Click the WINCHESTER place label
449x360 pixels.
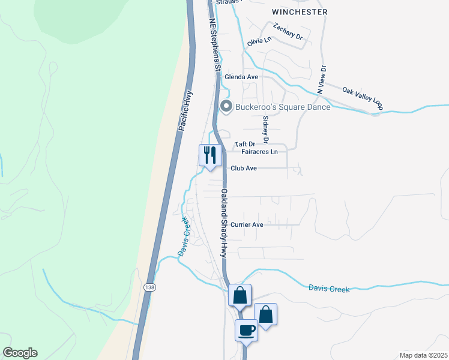click(300, 11)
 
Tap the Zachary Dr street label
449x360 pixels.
click(288, 32)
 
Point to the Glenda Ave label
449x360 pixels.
click(241, 77)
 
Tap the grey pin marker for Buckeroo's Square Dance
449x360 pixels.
click(226, 107)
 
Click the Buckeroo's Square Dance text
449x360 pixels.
click(283, 107)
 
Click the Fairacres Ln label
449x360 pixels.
click(259, 152)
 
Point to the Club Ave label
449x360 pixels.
click(244, 169)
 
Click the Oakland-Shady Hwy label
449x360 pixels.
click(224, 223)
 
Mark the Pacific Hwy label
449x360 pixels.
click(185, 111)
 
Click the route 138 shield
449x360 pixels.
click(149, 288)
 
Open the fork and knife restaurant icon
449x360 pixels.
click(209, 155)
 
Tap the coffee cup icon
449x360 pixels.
click(247, 329)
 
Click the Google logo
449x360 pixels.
click(20, 353)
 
